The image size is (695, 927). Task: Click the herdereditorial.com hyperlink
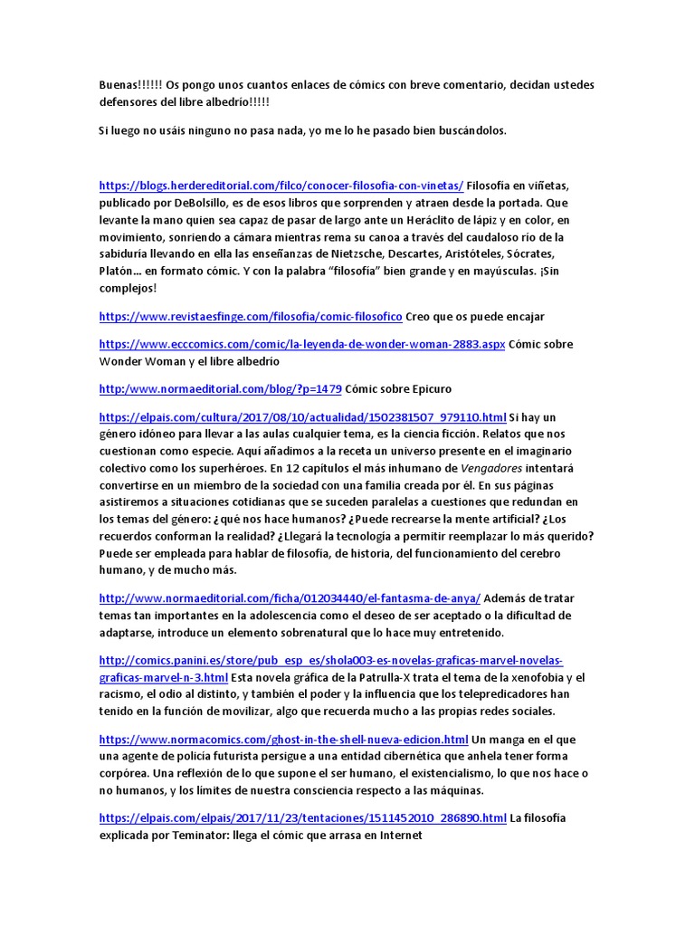click(281, 186)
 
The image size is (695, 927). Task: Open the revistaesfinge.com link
click(250, 316)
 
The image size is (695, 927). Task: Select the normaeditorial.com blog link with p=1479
click(220, 388)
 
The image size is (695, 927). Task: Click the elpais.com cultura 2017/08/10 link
click(302, 417)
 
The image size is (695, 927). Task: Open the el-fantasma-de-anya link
click(290, 598)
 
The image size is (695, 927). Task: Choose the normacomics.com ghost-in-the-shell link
click(283, 740)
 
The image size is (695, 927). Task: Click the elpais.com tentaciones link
click(302, 818)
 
